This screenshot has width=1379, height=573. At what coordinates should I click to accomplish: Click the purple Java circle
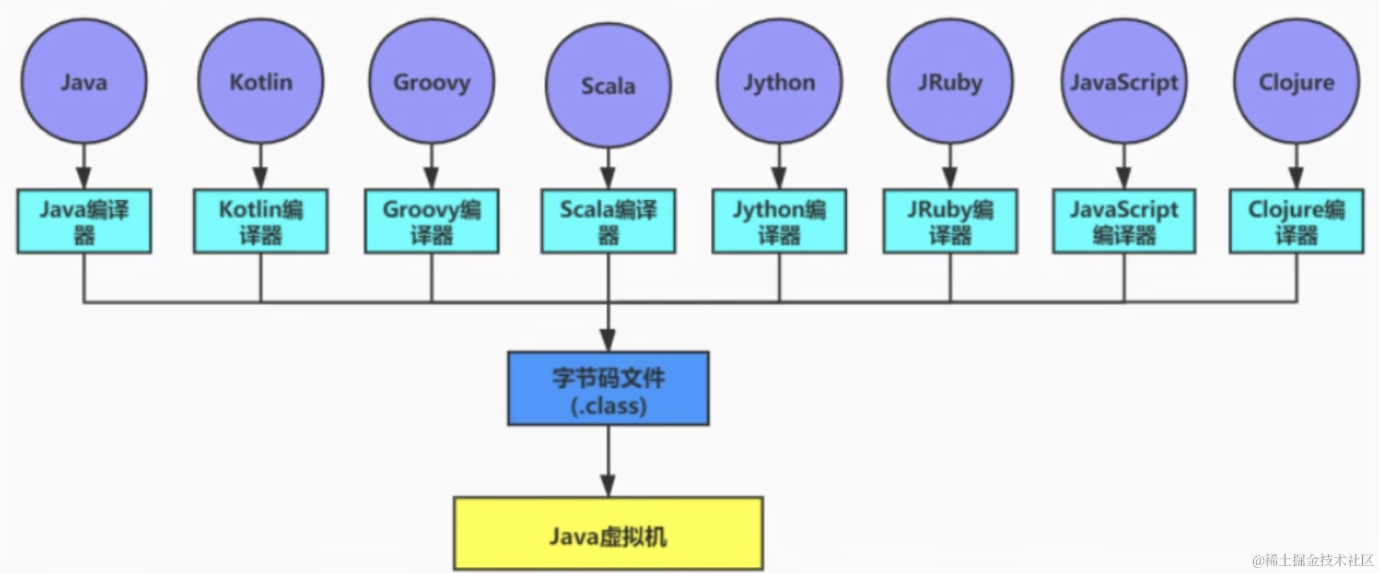click(84, 81)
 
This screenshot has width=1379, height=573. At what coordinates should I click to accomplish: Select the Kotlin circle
click(261, 81)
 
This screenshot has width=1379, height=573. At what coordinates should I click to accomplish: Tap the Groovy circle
click(431, 81)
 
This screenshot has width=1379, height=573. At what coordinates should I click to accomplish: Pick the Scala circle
click(609, 85)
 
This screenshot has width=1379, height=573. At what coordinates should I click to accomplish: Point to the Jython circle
click(780, 81)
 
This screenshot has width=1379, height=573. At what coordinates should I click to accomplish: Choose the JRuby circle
click(951, 81)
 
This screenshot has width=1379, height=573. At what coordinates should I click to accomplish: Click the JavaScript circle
click(1124, 81)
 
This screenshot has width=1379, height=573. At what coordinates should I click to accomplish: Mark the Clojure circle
click(1297, 81)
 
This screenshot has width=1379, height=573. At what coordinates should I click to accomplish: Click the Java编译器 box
click(84, 222)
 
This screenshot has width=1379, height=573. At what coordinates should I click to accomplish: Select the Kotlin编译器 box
click(261, 222)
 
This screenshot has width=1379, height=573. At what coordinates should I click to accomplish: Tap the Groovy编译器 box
click(431, 222)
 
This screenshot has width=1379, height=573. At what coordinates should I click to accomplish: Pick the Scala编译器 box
click(609, 222)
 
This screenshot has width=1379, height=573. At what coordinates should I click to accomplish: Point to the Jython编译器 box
click(780, 222)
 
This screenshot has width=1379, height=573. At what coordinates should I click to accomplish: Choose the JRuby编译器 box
click(951, 222)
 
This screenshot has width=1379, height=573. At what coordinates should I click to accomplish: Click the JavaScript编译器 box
click(1124, 222)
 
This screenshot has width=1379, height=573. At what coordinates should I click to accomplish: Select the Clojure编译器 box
click(1297, 222)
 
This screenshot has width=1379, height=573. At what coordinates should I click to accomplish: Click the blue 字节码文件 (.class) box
click(609, 388)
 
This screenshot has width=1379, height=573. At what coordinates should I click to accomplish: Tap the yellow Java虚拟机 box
click(609, 534)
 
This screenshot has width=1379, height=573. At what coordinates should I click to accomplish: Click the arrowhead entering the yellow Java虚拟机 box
click(608, 486)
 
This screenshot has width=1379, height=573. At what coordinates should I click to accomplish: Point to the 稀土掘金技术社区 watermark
click(1313, 560)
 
